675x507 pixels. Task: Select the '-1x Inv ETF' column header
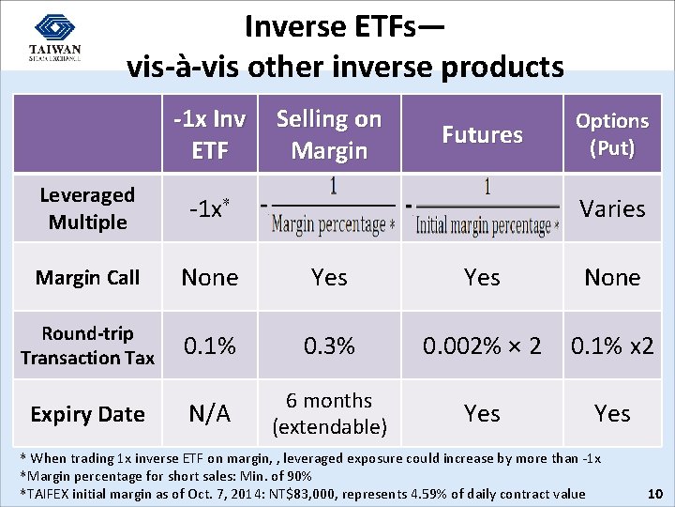pos(210,133)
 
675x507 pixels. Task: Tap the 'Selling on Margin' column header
pos(329,133)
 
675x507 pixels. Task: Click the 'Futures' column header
pos(482,134)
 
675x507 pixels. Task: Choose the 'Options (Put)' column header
pos(612,133)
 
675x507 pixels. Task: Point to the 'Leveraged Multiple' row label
pos(87,208)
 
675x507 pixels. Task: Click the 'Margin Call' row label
pos(87,278)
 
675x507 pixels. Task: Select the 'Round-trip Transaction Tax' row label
pos(87,346)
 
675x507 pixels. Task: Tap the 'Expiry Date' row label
pos(87,414)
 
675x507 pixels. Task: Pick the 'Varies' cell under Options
pos(612,208)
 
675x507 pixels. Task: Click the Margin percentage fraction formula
pos(330,207)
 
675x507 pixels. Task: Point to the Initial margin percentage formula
pos(483,207)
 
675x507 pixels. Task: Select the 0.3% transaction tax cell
pos(329,346)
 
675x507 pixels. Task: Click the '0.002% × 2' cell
pos(482,346)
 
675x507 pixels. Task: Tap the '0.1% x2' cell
pos(612,346)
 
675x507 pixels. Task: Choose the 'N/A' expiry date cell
pos(210,414)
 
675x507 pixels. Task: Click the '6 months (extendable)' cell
pos(329,414)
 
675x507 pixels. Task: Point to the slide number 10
pos(656,494)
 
